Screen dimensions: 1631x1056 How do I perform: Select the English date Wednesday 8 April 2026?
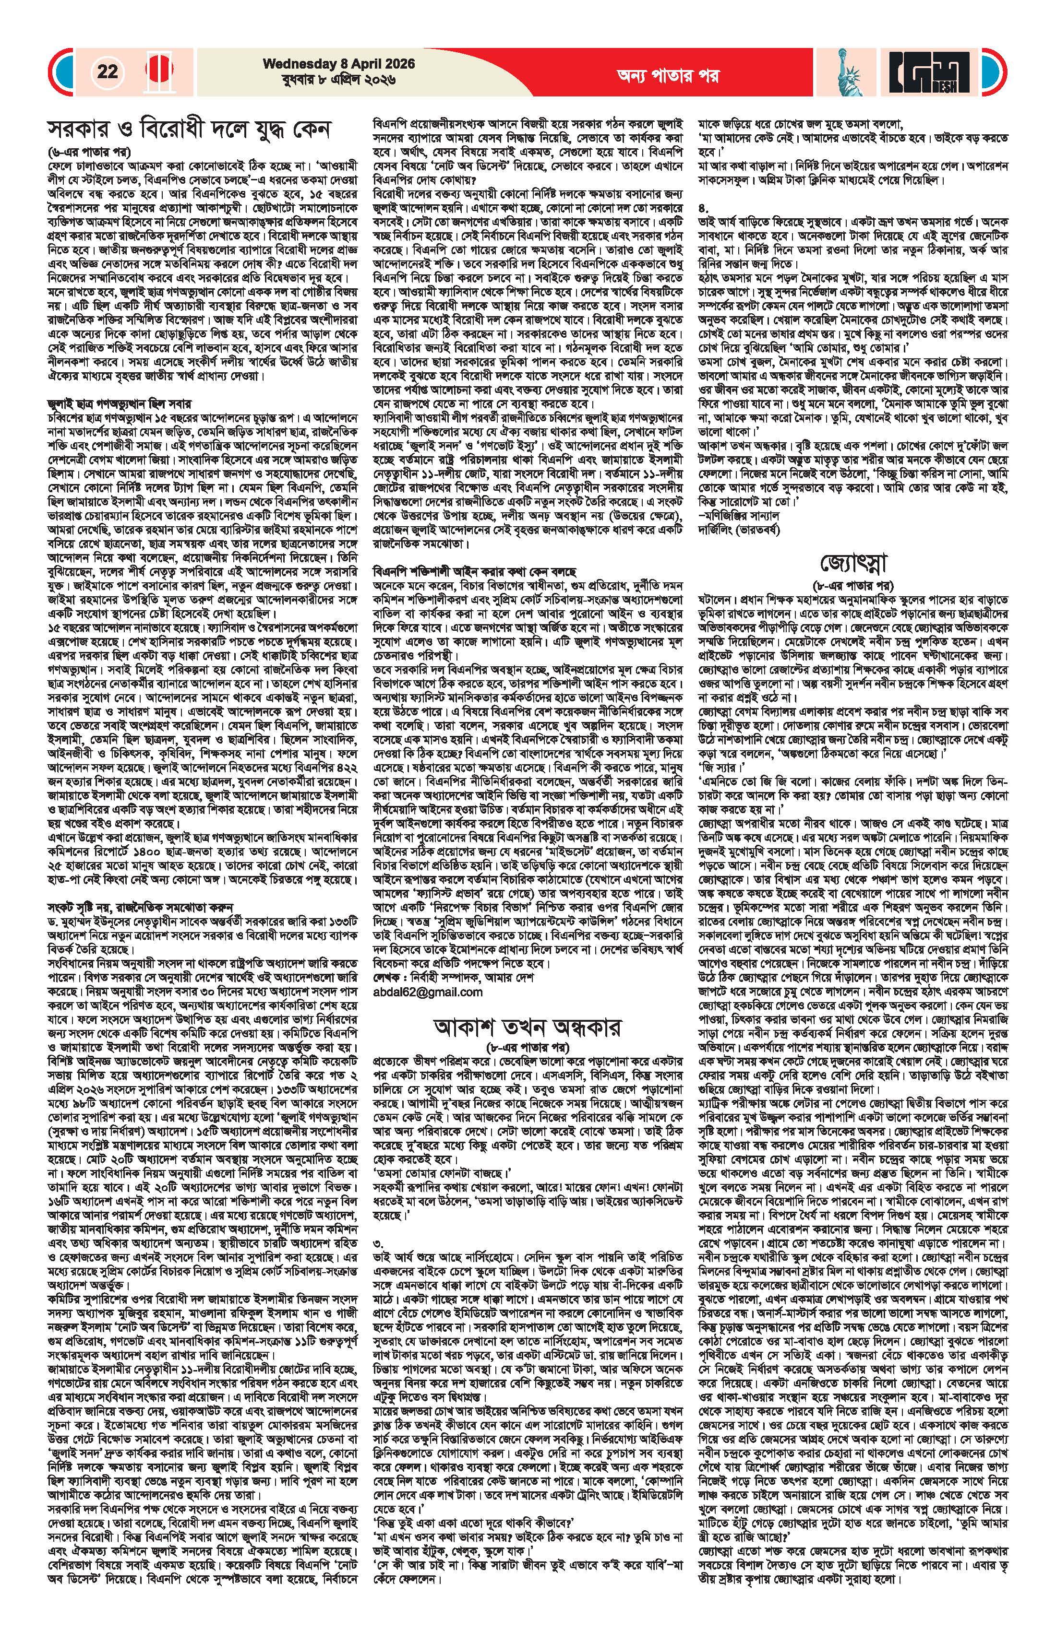coord(328,64)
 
